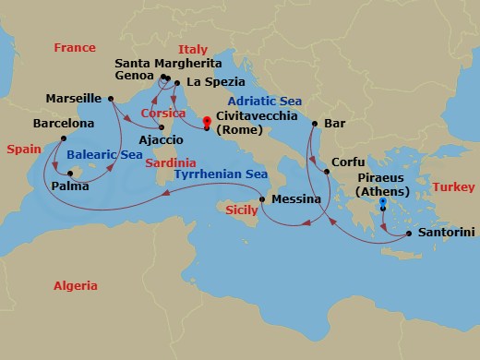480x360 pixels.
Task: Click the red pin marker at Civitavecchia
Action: click(206, 120)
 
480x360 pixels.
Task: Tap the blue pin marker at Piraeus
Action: click(383, 201)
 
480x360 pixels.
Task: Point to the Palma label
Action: click(71, 186)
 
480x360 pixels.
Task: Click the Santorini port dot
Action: click(404, 235)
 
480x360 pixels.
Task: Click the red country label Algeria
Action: click(75, 286)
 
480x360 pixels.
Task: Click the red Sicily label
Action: click(242, 211)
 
